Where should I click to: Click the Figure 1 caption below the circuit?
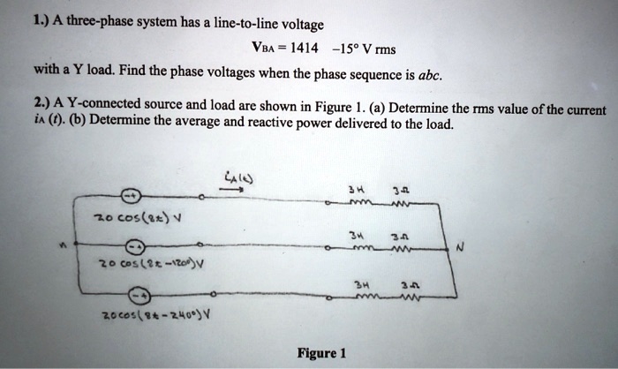[321, 353]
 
